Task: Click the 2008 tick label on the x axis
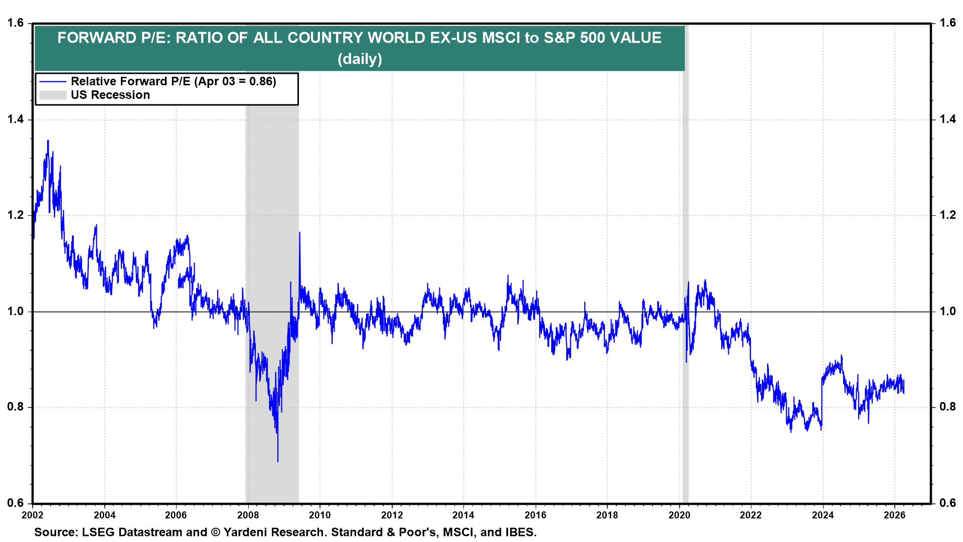coord(248,515)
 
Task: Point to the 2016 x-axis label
coord(535,515)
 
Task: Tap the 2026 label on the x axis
coord(894,515)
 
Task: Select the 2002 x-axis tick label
coord(33,515)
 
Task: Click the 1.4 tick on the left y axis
coord(15,119)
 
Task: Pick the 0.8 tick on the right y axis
coord(947,407)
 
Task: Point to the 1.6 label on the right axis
coord(947,23)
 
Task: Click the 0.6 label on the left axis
coord(15,503)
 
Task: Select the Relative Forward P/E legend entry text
coord(173,81)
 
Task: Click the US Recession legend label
coord(110,95)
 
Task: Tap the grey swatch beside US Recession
coord(53,95)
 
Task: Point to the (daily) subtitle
coord(360,59)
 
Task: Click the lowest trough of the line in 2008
coord(278,461)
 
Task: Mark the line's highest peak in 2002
coord(48,141)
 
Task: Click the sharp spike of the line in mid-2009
coord(299,233)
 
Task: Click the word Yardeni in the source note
coord(245,532)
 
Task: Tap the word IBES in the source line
coord(520,532)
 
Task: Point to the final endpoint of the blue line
coord(904,392)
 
